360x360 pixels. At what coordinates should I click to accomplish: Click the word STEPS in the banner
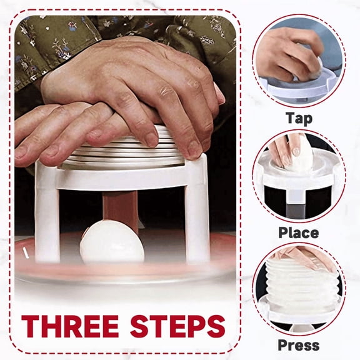[x=176, y=326]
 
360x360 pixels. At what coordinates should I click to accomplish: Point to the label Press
[x=298, y=344]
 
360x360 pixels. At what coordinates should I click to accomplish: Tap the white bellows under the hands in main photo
[x=125, y=153]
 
